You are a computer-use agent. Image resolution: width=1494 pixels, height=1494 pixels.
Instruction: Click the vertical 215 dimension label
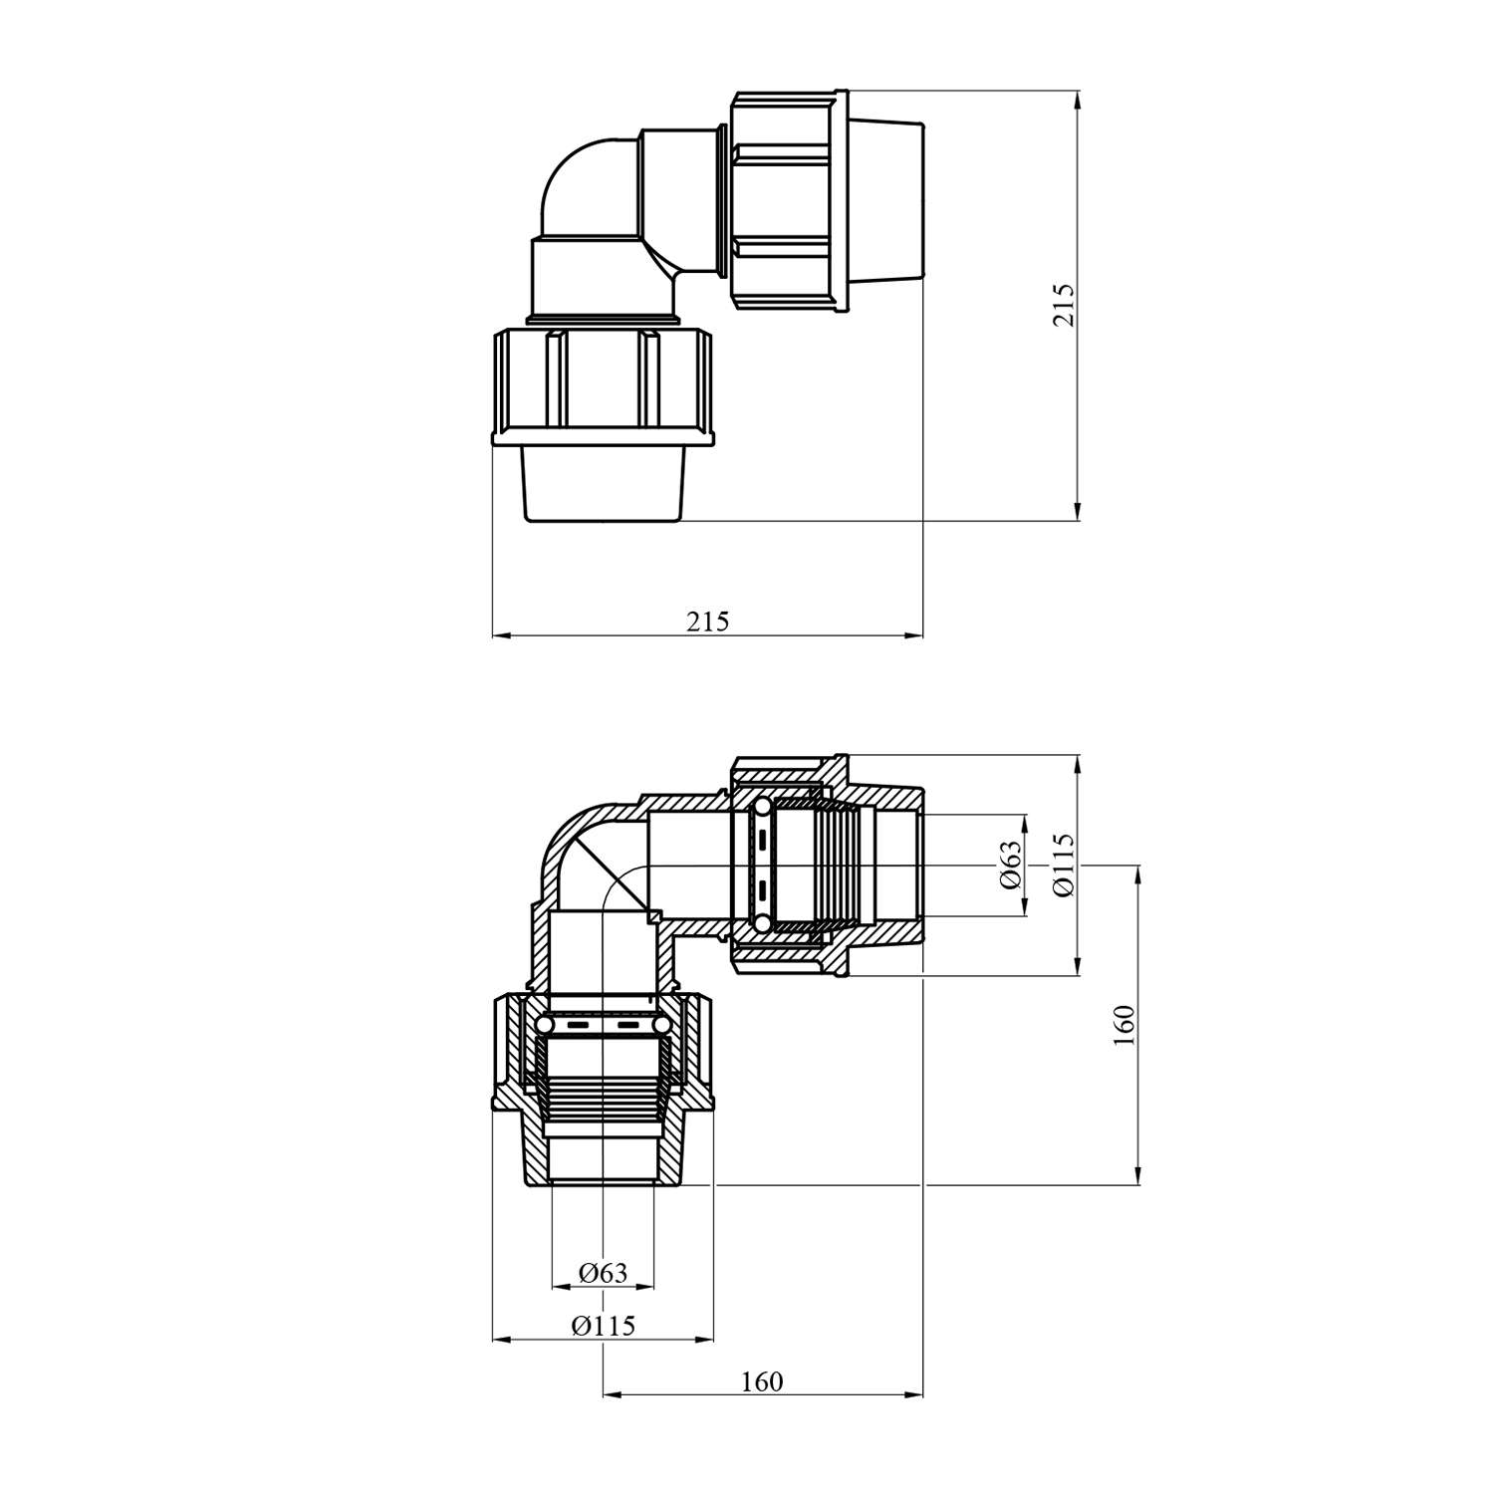(1065, 305)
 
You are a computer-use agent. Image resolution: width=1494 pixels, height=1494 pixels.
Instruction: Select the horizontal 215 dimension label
(707, 622)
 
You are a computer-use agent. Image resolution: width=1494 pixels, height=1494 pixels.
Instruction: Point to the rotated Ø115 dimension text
(1065, 866)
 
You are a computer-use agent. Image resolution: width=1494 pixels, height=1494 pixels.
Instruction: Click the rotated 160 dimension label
(1124, 1025)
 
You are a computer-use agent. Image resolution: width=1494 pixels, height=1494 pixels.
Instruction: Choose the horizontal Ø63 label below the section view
(604, 1272)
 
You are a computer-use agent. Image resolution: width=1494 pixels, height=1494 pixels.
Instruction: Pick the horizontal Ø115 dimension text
(604, 1326)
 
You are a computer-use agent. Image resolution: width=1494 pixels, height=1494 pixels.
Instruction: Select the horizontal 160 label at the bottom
(762, 1381)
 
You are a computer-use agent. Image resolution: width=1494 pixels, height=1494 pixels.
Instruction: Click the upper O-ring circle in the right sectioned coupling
(762, 807)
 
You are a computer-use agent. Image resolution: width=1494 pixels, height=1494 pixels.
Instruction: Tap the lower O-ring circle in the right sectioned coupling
(762, 924)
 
